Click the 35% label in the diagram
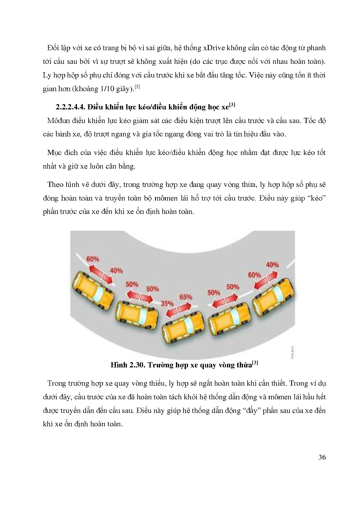[167, 304]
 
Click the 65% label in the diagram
[186, 297]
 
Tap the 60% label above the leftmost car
[93, 259]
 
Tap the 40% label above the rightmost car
[272, 265]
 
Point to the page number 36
[322, 457]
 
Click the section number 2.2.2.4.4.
[70, 107]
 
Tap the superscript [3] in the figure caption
[255, 363]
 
